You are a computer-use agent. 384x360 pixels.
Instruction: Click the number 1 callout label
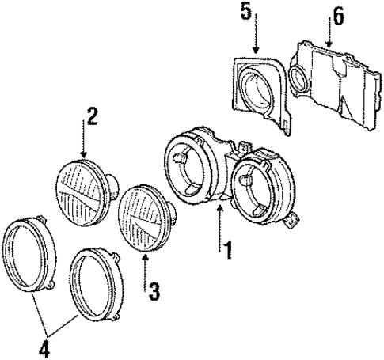(x=228, y=252)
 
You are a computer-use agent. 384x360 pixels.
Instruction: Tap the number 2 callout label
(x=92, y=117)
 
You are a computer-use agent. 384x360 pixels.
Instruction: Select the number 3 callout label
(x=154, y=291)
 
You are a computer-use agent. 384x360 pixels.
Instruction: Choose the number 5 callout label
(x=246, y=13)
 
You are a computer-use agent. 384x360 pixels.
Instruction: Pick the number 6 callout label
(x=338, y=16)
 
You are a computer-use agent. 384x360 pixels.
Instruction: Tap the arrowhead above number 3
(x=145, y=258)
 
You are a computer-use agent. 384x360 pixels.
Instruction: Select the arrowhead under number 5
(x=255, y=51)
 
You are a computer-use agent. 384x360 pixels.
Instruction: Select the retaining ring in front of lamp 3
(x=96, y=285)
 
